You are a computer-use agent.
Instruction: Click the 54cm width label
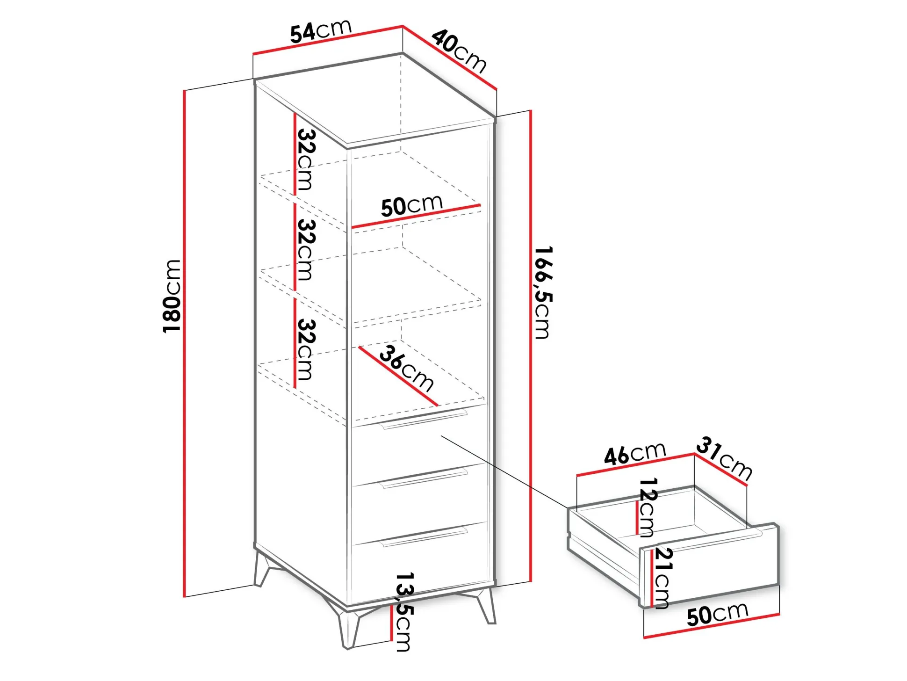tap(321, 31)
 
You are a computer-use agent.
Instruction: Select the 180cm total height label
tap(172, 296)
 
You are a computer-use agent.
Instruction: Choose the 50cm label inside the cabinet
tap(412, 205)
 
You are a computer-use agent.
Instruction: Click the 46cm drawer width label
tap(634, 453)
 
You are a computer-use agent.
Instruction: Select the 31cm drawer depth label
tap(724, 458)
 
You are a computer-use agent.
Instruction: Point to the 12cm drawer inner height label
tap(647, 507)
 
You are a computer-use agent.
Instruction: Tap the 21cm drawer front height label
tap(662, 578)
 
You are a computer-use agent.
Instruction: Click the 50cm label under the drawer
tap(718, 614)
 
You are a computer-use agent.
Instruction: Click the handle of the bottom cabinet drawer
tap(425, 536)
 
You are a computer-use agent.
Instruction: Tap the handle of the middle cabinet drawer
tap(425, 478)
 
